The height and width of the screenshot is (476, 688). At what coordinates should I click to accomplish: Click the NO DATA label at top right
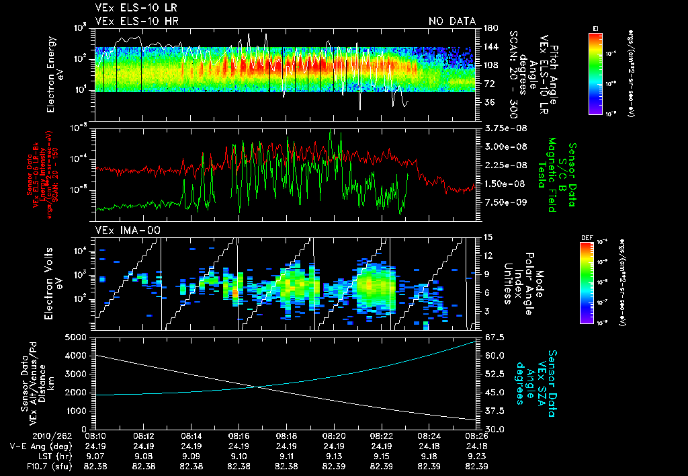(x=451, y=22)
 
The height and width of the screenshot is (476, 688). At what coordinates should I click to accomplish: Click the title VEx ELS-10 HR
(x=132, y=22)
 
